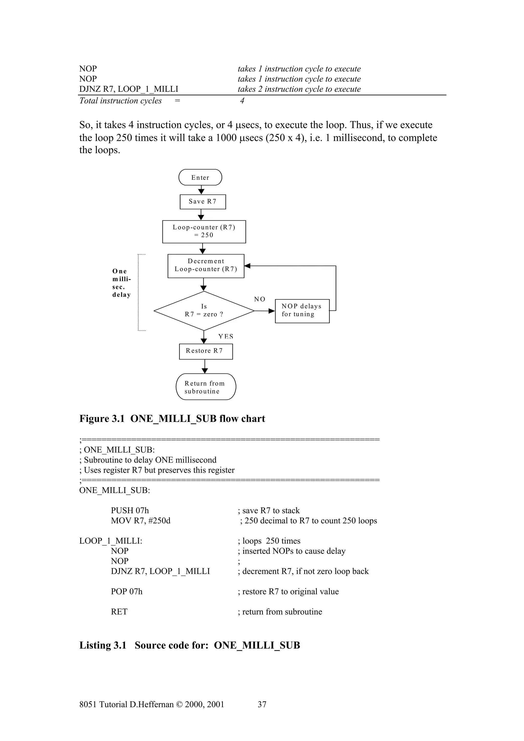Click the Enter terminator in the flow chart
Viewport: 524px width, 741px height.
(x=200, y=177)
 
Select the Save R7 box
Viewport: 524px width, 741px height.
(x=203, y=202)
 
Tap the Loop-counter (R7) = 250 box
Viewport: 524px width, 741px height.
(x=204, y=231)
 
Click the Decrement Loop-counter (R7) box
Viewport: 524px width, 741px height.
(x=206, y=266)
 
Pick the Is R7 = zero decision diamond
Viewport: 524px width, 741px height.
(x=204, y=310)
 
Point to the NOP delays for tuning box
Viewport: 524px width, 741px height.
(x=302, y=310)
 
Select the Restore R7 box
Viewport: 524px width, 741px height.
(x=206, y=351)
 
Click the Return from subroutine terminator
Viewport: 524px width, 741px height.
(x=206, y=387)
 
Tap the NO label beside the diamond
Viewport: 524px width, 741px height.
(x=260, y=299)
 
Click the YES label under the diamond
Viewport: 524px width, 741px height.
(x=226, y=336)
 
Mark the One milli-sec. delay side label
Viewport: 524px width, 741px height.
(x=121, y=283)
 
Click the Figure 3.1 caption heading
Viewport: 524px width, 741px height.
(x=172, y=419)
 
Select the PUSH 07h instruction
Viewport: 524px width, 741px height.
(x=130, y=510)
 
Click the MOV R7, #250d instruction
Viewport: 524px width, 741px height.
(x=140, y=521)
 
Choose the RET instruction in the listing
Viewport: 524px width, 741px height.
(x=119, y=612)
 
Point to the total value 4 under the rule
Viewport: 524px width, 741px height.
(x=242, y=101)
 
